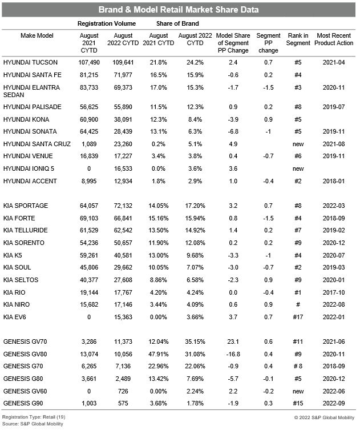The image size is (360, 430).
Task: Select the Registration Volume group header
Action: click(107, 24)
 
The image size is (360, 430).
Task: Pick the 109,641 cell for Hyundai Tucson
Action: click(123, 62)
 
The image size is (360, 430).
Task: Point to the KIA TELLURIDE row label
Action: click(25, 230)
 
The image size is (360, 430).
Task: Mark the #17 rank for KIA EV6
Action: click(298, 317)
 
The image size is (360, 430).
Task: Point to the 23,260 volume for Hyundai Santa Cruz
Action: click(123, 145)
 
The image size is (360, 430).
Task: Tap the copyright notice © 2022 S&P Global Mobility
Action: click(321, 419)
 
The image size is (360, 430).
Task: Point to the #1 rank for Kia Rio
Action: click(298, 292)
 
